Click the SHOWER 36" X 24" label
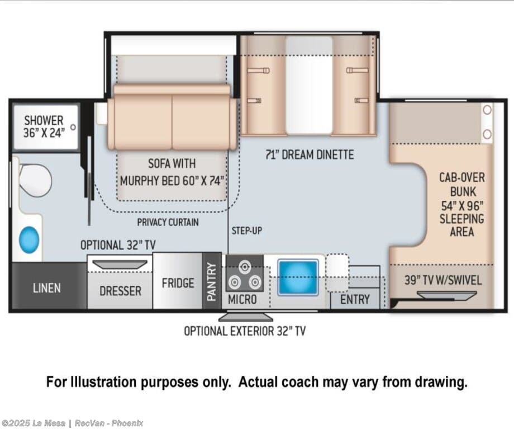[x=44, y=126]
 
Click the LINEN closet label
[x=47, y=288]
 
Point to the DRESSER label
[x=120, y=291]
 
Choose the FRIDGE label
[x=178, y=283]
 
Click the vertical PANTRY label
[x=212, y=282]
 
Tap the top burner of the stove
[x=244, y=267]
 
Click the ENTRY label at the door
[x=355, y=299]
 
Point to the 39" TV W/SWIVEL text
[x=443, y=280]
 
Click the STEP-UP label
[x=247, y=231]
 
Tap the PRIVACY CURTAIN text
[x=168, y=222]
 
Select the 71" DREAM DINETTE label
[x=310, y=154]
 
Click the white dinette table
[x=309, y=86]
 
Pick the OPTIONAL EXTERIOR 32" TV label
[x=245, y=331]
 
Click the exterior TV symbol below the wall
[x=245, y=317]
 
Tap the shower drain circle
[x=73, y=127]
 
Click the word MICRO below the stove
[x=242, y=299]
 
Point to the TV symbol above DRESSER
[x=120, y=265]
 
